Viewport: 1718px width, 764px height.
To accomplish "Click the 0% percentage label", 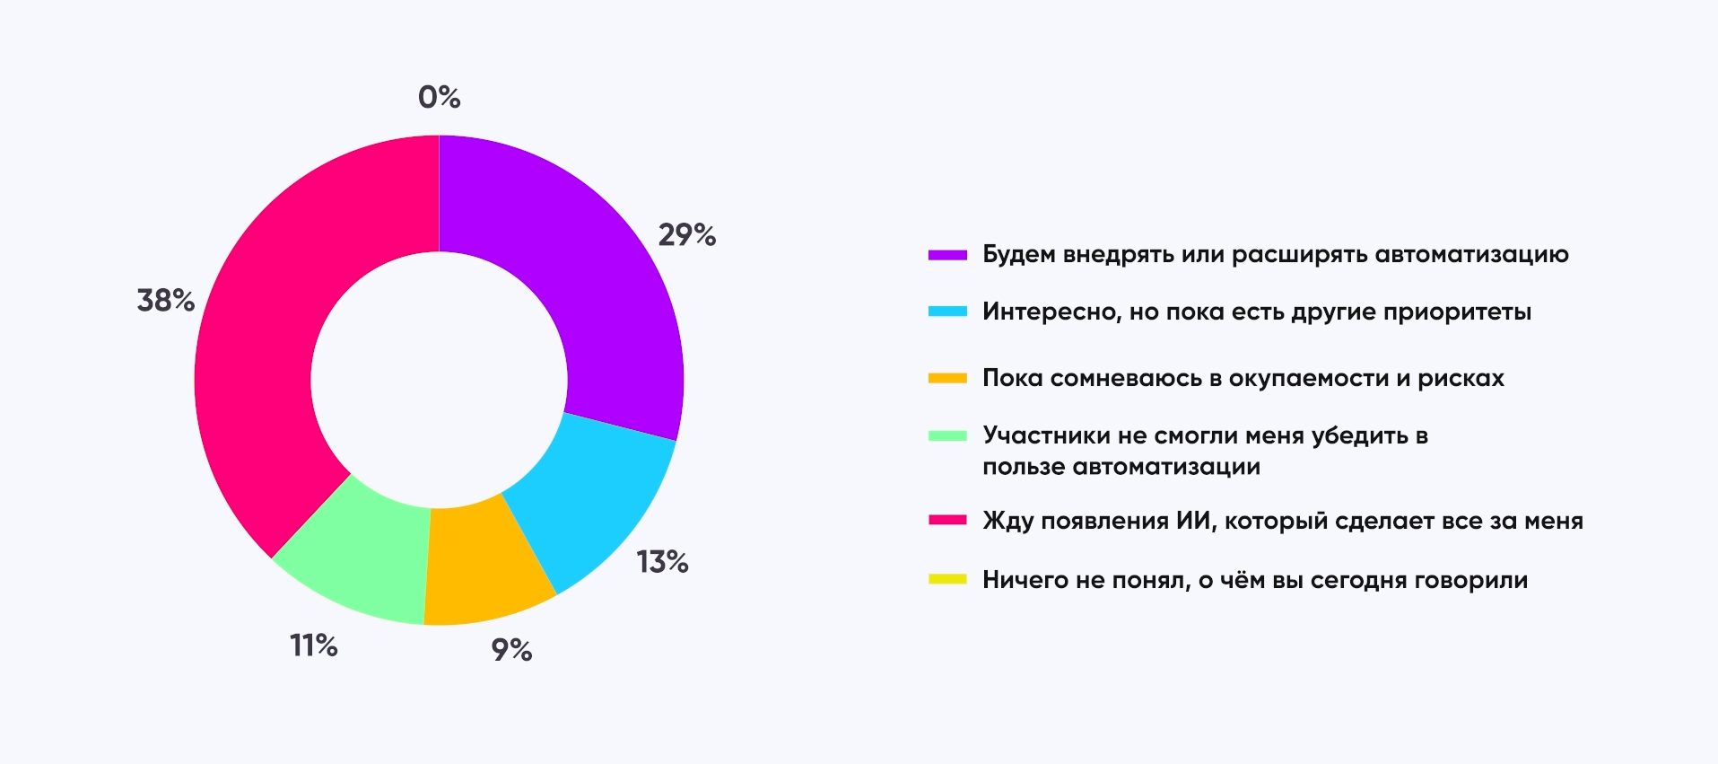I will click(439, 97).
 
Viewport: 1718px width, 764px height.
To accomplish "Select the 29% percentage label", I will click(687, 235).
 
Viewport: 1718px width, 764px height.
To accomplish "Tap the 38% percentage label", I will click(166, 301).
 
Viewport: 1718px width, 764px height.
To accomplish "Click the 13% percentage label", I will click(662, 562).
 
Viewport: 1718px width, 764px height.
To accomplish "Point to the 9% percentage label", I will click(511, 650).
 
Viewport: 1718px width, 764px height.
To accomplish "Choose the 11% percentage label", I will click(313, 645).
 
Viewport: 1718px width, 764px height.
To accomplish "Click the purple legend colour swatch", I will click(947, 255).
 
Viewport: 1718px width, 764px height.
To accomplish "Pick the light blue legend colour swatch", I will click(947, 312).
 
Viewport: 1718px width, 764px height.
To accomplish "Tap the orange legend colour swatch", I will click(947, 378).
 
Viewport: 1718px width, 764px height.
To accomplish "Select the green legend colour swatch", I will click(947, 435).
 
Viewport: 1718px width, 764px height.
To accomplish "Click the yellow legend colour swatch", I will click(947, 579).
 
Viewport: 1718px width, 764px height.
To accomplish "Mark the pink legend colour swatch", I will click(947, 520).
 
